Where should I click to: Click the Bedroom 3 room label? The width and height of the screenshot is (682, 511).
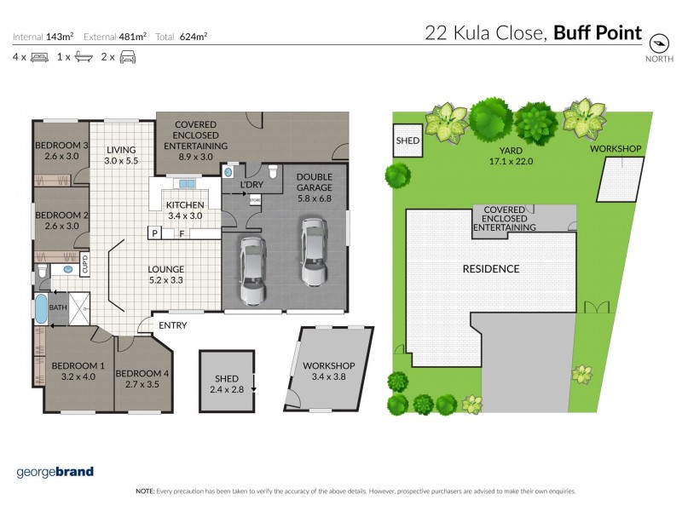point(61,151)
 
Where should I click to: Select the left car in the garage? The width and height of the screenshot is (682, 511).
point(253,270)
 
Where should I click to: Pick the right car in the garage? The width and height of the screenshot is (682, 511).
point(311,251)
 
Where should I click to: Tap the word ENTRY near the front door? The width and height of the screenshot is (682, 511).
point(172,325)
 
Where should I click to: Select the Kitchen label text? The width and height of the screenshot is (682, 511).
point(184,210)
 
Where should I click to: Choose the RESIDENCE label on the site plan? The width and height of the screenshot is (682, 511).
point(490,269)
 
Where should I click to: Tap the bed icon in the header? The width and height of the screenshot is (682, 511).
point(39,57)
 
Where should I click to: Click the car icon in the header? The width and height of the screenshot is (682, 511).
point(128,57)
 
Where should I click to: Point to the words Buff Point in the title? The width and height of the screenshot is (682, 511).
point(598,33)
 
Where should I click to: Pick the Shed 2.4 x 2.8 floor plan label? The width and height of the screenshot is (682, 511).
point(227,384)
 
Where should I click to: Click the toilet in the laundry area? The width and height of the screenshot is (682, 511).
point(271,169)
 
